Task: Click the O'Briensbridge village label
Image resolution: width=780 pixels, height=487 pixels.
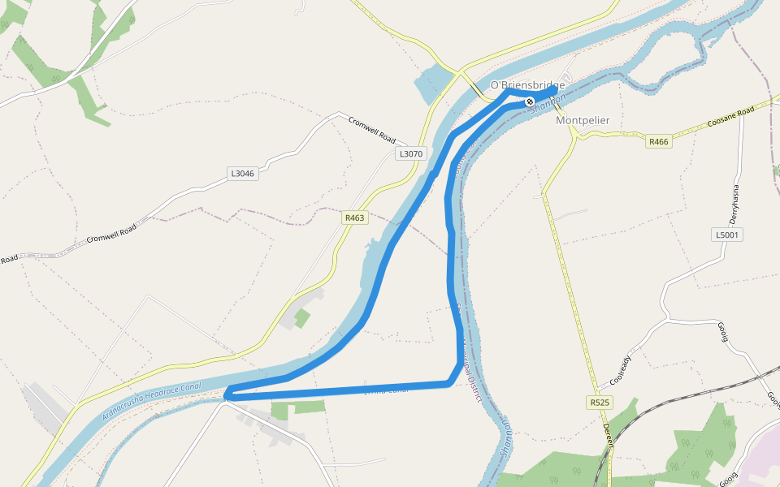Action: click(527, 85)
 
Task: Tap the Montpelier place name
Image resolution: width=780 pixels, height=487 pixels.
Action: click(583, 120)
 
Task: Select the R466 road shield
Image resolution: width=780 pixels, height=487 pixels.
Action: click(658, 142)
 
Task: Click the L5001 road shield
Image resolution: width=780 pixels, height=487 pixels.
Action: click(726, 235)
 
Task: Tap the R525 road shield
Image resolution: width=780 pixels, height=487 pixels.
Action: click(600, 403)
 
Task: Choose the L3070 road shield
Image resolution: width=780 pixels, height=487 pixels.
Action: click(410, 153)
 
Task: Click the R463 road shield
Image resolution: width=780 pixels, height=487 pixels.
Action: click(355, 218)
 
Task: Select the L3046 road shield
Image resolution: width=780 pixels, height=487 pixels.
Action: click(243, 174)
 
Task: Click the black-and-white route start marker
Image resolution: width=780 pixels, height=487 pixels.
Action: click(530, 101)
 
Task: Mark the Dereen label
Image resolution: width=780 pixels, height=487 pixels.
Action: click(607, 435)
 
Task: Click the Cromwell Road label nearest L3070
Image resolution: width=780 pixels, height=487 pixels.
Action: click(372, 130)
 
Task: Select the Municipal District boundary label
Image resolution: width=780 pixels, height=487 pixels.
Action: click(469, 365)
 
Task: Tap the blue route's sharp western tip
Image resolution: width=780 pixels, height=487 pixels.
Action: click(227, 395)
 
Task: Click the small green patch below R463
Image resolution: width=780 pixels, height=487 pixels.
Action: click(301, 318)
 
